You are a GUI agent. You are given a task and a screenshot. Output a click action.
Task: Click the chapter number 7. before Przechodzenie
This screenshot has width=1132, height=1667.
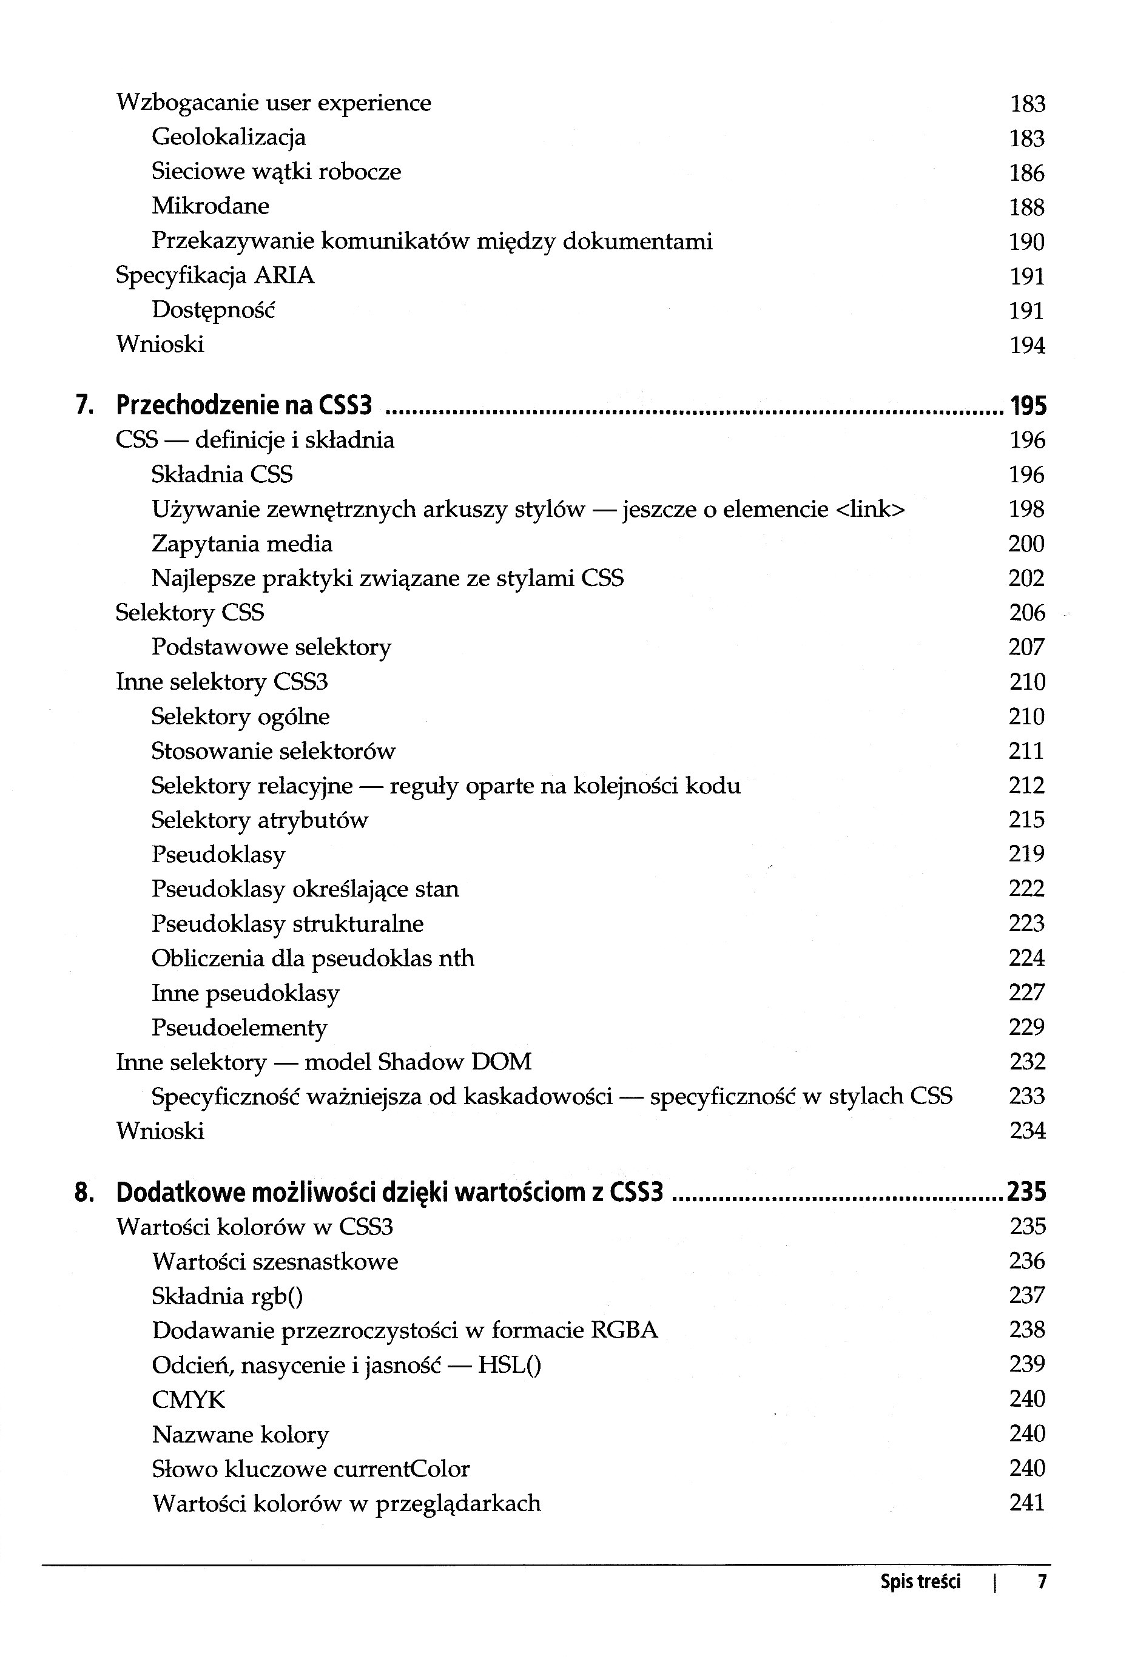[84, 406]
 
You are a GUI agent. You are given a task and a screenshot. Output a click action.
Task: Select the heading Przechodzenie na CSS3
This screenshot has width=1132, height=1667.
[244, 406]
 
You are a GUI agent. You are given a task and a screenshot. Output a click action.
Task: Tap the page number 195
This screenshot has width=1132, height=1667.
[1028, 406]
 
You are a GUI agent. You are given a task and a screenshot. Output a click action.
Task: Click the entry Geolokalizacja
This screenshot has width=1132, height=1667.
[228, 137]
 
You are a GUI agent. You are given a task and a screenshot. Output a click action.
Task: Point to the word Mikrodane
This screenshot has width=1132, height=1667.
[210, 206]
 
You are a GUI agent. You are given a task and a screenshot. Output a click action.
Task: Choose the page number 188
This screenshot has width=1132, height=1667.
[1026, 207]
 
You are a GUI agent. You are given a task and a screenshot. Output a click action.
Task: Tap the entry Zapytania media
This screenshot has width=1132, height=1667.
[242, 544]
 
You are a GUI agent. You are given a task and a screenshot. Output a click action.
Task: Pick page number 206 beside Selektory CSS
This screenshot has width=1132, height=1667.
[1026, 613]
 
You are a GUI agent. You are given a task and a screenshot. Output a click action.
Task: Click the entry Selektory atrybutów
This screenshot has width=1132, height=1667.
[259, 820]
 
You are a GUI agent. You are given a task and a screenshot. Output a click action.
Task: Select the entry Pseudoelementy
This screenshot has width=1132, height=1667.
[239, 1027]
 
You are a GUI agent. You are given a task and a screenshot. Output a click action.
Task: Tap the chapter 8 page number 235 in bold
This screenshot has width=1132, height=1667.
[1026, 1192]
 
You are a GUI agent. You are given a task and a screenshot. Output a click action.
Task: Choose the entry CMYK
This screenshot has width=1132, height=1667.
[188, 1399]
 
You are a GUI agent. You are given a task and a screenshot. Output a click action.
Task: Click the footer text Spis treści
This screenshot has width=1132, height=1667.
[920, 1581]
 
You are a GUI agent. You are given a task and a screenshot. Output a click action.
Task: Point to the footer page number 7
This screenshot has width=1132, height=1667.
[1042, 1581]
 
